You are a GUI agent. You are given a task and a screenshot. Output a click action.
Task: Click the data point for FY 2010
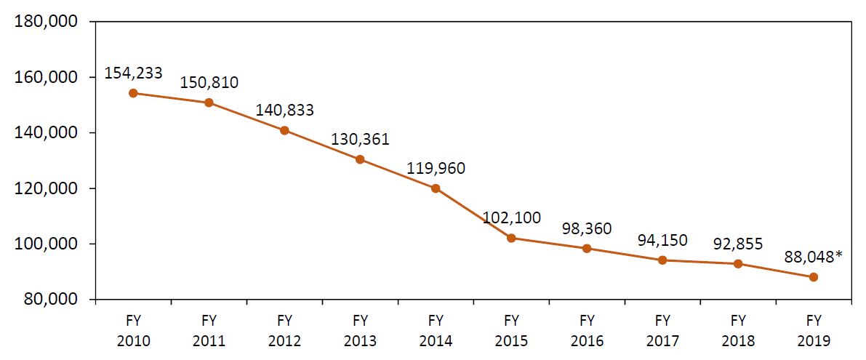(133, 93)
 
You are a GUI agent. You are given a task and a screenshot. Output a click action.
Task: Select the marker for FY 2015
(511, 238)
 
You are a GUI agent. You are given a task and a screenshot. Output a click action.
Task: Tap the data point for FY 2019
(814, 277)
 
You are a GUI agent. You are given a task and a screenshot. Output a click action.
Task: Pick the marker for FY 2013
(360, 159)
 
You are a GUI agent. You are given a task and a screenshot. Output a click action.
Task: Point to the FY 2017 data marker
(662, 260)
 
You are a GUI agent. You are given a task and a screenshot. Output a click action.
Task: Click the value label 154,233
(133, 73)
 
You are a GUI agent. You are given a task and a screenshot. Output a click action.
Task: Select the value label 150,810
(209, 82)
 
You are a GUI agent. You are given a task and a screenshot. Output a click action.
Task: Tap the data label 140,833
(284, 111)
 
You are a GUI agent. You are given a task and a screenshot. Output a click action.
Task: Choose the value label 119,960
(436, 169)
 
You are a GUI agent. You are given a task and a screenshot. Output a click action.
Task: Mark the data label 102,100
(511, 217)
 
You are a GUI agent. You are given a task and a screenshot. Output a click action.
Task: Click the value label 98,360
(587, 228)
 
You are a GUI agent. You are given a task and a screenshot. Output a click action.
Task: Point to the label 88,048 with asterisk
(814, 257)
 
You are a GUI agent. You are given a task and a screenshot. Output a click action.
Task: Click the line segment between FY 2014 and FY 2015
(473, 213)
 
